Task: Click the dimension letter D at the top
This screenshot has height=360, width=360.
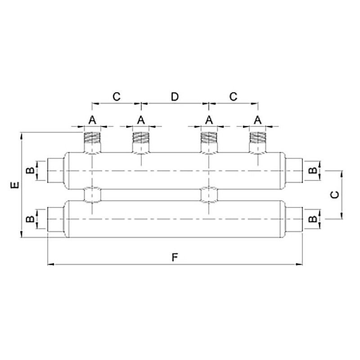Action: click(175, 97)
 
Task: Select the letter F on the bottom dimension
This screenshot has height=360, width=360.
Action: click(175, 257)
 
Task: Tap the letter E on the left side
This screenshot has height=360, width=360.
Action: click(15, 185)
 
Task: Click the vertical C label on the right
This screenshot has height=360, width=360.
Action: click(334, 195)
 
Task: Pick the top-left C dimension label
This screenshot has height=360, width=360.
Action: click(117, 97)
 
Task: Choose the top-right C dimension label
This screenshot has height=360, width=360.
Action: click(233, 97)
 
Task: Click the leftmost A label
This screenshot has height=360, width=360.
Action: click(92, 120)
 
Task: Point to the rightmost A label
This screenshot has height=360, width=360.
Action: click(257, 120)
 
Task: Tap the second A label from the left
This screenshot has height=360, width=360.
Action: click(141, 120)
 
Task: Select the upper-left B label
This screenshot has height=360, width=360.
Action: click(30, 170)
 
